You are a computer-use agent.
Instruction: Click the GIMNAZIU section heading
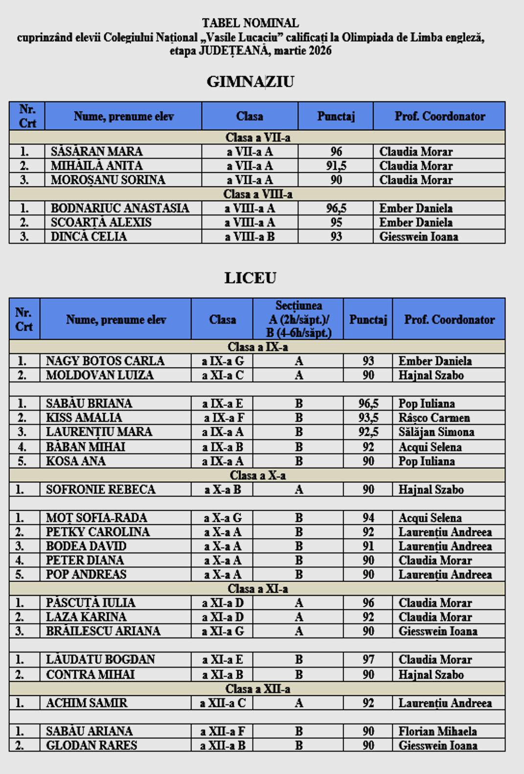coord(250,81)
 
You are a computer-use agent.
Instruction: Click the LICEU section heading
coord(250,278)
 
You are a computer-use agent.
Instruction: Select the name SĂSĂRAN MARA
coord(96,151)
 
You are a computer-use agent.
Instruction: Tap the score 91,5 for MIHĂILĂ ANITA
coord(336,165)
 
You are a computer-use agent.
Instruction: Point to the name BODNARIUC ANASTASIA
coord(120,208)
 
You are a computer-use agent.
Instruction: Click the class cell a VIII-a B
coord(250,236)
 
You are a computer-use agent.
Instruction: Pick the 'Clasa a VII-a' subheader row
coord(257,138)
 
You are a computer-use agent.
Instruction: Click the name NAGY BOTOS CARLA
coord(105,361)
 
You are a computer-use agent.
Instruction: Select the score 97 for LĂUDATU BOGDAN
coord(368,659)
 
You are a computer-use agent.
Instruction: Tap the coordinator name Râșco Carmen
coord(434,418)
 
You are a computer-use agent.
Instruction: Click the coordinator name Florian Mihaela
coord(437,731)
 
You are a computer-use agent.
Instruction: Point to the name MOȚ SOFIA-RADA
coord(96,517)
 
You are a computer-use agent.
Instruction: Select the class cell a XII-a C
coord(223,703)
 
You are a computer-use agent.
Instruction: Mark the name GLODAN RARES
coord(91,745)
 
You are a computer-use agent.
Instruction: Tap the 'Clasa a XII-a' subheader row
coord(257,689)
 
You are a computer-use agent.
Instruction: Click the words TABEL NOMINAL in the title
coord(250,23)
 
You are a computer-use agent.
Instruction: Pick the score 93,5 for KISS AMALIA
coord(368,418)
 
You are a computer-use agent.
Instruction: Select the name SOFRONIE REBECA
coord(100,489)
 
